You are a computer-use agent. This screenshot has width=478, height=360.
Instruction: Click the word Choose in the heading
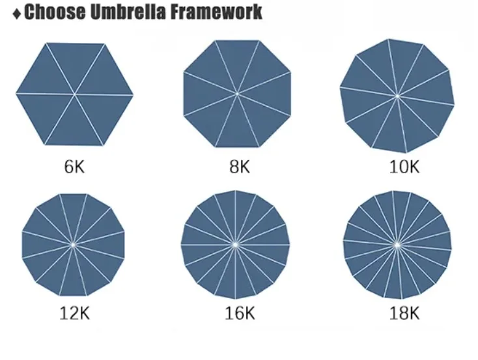point(50,12)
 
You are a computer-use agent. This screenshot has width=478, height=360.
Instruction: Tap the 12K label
point(74,313)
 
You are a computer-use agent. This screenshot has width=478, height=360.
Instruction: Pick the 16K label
point(239,313)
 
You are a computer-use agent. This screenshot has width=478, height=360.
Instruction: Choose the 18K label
point(404,313)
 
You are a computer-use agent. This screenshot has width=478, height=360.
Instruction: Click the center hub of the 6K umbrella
point(74,94)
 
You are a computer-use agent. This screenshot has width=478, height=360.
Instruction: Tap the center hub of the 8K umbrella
point(236,94)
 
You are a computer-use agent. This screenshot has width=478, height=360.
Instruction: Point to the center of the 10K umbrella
point(397,96)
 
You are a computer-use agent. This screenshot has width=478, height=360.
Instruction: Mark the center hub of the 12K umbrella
point(73,244)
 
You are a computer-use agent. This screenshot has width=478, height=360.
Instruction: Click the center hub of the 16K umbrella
point(235,244)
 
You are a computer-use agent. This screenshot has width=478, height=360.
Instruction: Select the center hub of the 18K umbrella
point(397,245)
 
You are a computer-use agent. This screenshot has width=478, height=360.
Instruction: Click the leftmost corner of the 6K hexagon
point(16,94)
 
